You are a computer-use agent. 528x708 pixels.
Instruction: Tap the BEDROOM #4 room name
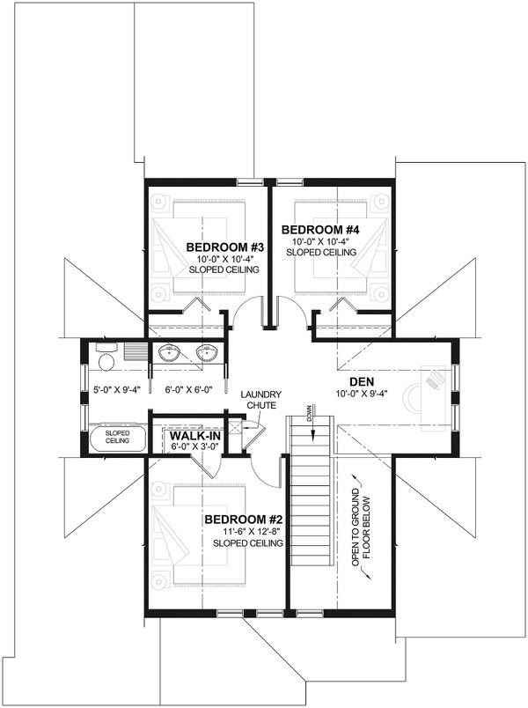pyautogui.click(x=316, y=230)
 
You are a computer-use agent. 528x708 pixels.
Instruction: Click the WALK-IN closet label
pyautogui.click(x=194, y=436)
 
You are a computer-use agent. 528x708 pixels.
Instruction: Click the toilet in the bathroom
pyautogui.click(x=106, y=361)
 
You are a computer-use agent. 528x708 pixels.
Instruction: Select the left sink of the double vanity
pyautogui.click(x=171, y=356)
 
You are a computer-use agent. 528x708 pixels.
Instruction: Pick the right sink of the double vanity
pyautogui.click(x=208, y=356)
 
